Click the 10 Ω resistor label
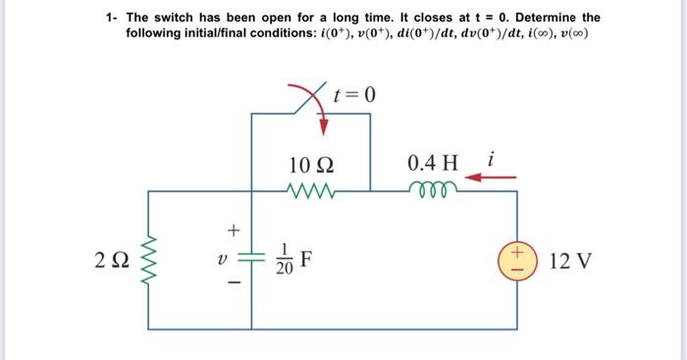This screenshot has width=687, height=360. point(316,163)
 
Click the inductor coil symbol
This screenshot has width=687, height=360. point(432,187)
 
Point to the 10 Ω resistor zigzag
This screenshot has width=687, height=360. point(315,187)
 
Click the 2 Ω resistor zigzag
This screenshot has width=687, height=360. point(149,261)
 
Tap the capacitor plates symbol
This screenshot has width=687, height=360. point(251,260)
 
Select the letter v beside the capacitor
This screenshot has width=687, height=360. point(223,261)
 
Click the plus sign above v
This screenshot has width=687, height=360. point(234,231)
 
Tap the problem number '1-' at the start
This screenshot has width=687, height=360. point(113,18)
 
